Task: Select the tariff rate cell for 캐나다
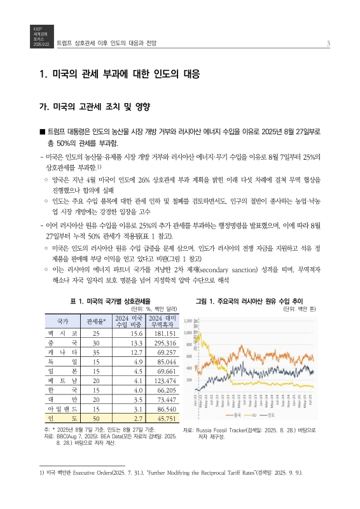pyautogui.click(x=96, y=351)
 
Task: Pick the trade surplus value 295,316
pyautogui.click(x=160, y=342)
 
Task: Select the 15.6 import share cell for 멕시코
pyautogui.click(x=130, y=333)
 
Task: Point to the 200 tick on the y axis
pyautogui.click(x=188, y=380)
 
